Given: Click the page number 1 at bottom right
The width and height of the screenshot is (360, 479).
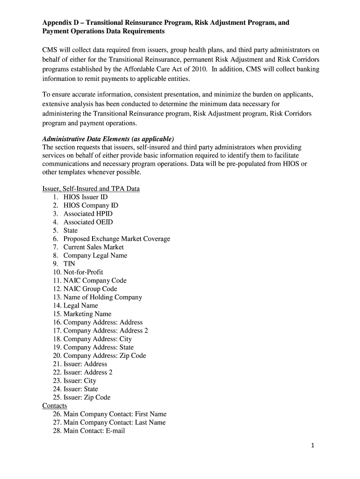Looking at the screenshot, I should (313, 446).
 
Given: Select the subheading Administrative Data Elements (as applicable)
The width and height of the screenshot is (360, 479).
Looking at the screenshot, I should (108, 139).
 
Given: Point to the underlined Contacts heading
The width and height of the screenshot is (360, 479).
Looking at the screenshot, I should (55, 406).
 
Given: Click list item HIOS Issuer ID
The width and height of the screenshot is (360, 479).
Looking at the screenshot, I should (86, 197).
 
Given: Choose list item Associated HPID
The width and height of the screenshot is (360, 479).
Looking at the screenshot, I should (88, 214).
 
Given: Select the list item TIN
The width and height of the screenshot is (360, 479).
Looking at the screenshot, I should (69, 264).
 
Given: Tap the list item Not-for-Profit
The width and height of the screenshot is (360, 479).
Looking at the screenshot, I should (83, 272).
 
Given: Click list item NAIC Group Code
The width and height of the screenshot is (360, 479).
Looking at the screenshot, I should (90, 289).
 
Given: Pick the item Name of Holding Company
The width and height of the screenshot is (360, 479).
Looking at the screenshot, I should (102, 297).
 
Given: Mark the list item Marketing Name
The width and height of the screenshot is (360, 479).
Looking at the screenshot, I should (87, 314).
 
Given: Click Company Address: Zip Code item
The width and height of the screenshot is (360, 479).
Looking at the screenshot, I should (105, 356).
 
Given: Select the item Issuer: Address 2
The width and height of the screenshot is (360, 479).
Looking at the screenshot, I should (88, 372).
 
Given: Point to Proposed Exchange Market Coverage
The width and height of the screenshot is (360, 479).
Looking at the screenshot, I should (117, 239).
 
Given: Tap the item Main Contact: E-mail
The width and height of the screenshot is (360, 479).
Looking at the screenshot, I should (94, 431).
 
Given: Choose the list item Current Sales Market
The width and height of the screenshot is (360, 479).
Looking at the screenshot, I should (94, 247).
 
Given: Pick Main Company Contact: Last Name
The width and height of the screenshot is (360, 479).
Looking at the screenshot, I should (115, 422).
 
